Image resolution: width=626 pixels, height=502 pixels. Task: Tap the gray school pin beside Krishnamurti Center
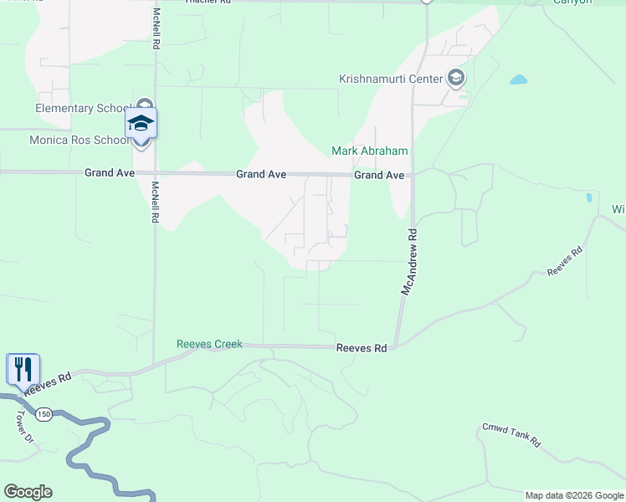point(456,79)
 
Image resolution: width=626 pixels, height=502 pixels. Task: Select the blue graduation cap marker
point(141,124)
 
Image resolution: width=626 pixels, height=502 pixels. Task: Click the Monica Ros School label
point(80,140)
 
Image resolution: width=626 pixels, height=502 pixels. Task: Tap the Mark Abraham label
point(369,151)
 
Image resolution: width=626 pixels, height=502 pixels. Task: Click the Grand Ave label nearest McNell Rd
point(110,173)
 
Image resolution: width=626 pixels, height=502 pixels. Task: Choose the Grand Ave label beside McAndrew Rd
point(379,176)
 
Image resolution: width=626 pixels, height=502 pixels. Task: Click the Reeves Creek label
point(209,344)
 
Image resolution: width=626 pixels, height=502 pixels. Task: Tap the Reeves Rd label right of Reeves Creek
point(362,348)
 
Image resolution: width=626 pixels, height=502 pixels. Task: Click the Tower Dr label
point(23,426)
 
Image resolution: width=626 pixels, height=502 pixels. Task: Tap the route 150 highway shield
point(44,413)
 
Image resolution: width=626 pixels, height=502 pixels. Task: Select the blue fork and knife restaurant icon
point(23,369)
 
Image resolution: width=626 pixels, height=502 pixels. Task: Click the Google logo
point(28,492)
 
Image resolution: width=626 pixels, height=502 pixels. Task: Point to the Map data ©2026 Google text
point(574,495)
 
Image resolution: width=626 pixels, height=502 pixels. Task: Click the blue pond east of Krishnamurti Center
point(519,81)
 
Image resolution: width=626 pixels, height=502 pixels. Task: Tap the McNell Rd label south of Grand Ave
point(156,202)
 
